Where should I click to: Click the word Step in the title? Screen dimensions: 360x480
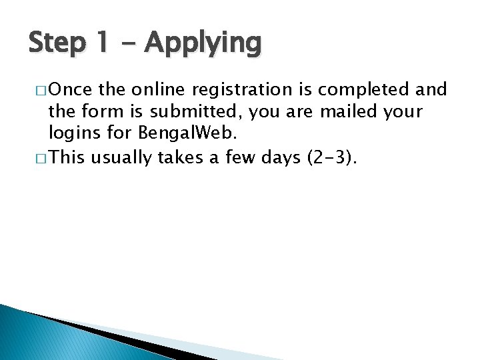point(57,43)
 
